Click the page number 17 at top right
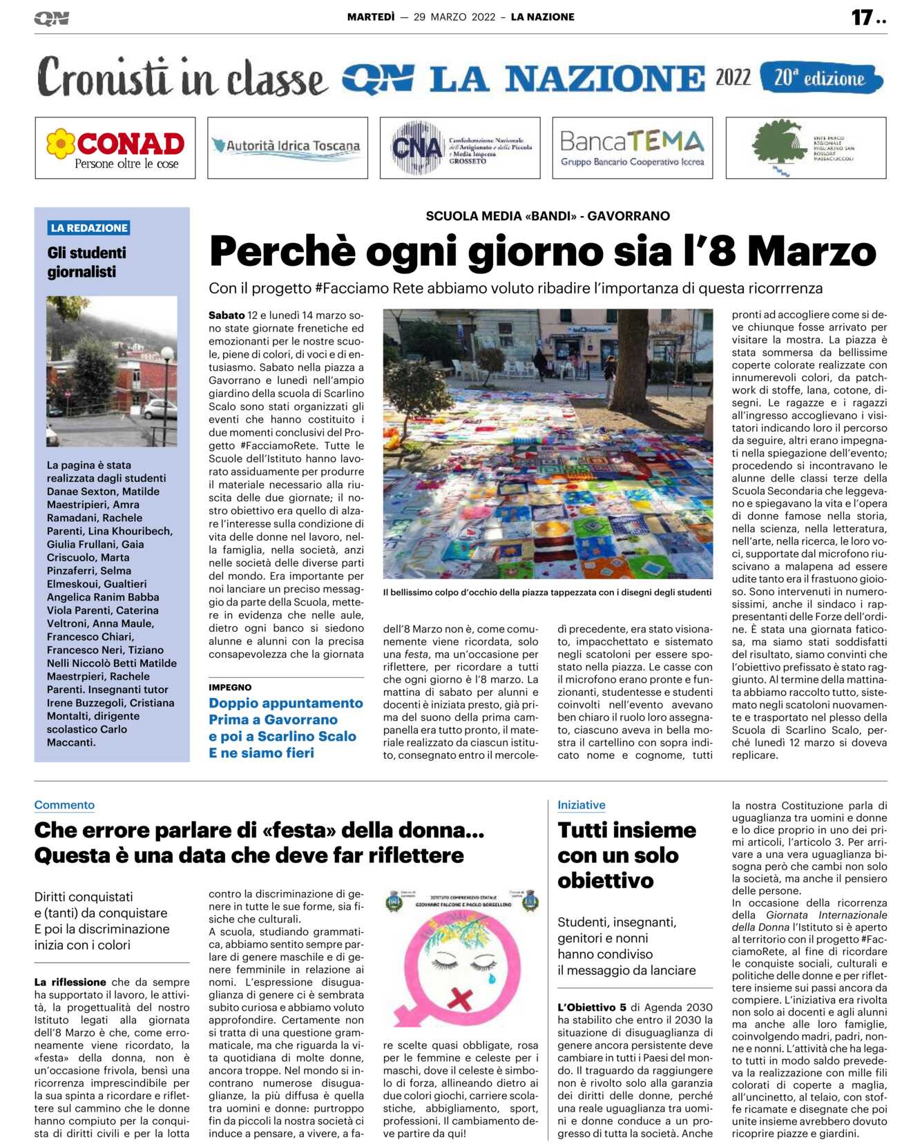tap(861, 17)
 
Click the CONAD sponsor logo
tap(115, 148)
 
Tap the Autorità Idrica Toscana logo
tap(287, 146)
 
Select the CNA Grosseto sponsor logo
tap(460, 148)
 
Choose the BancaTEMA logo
tap(632, 148)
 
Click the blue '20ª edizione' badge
tap(820, 79)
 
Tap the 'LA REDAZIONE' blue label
tap(89, 228)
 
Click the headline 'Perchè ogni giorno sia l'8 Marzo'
tap(542, 251)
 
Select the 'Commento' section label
tap(64, 805)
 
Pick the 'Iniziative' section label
tap(581, 805)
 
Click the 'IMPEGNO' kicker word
tap(230, 687)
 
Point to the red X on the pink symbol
tap(460, 996)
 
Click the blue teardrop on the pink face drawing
tap(492, 978)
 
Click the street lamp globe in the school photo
tap(166, 354)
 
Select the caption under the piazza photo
tap(547, 592)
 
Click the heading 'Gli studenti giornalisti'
tap(86, 262)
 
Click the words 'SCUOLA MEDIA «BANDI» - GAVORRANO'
tap(547, 216)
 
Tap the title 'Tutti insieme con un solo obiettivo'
tap(626, 855)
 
